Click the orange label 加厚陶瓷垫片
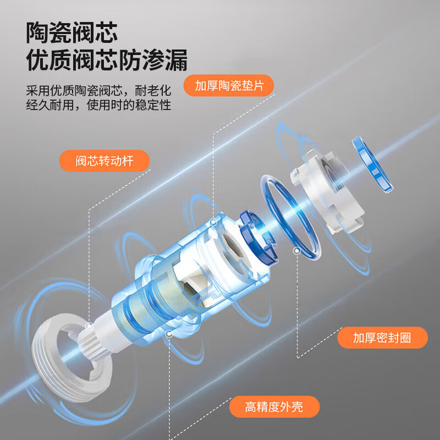click(229, 85)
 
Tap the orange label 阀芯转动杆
click(104, 161)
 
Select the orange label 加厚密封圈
click(382, 338)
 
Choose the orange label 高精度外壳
click(274, 406)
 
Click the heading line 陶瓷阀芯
click(72, 33)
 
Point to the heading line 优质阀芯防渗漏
click(107, 60)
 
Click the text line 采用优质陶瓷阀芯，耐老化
click(98, 90)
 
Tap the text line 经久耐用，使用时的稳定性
click(98, 105)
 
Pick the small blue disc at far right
click(373, 165)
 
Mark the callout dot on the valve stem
click(89, 326)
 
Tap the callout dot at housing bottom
click(169, 334)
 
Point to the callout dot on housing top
click(213, 223)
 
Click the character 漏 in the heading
click(176, 60)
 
